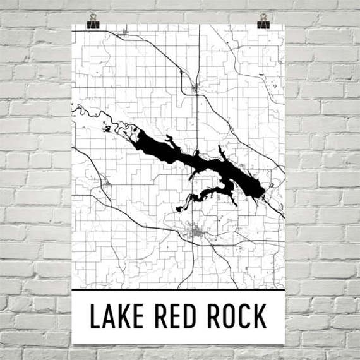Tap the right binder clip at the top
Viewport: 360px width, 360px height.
click(x=263, y=20)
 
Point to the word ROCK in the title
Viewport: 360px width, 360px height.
click(x=237, y=316)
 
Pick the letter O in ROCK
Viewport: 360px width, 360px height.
click(x=229, y=316)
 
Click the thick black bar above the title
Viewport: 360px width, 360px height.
click(x=178, y=289)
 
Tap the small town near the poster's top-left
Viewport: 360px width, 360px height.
click(x=124, y=32)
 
